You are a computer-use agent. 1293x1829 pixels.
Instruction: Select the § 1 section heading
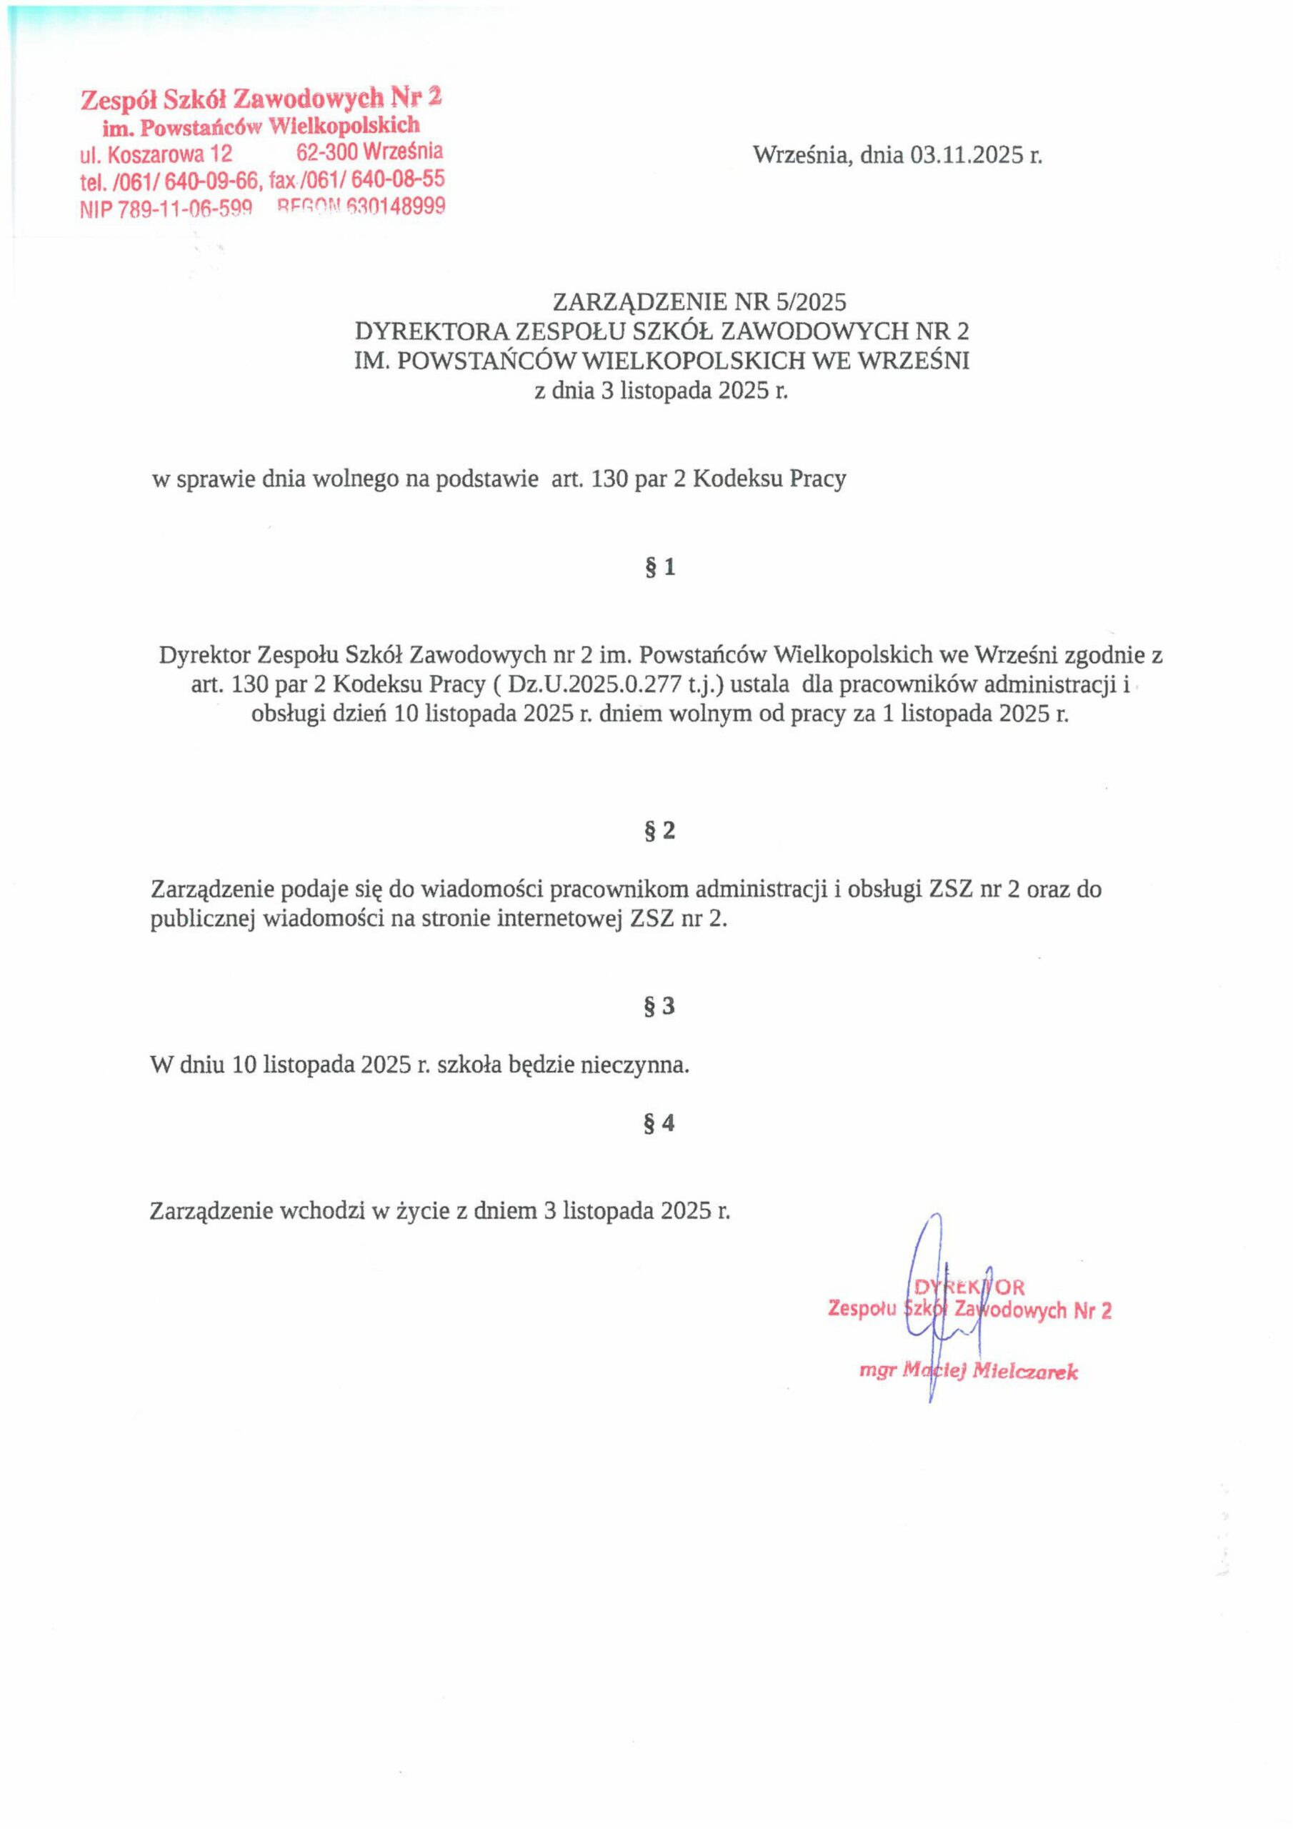point(658,567)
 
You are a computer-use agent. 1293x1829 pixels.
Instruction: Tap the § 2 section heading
point(658,832)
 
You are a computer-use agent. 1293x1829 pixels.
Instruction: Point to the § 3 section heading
point(658,1007)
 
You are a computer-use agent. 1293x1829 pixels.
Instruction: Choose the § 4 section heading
point(658,1124)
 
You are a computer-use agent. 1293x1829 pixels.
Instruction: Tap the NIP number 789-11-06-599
point(185,209)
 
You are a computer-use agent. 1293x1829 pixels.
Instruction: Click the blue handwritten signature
point(937,1307)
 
